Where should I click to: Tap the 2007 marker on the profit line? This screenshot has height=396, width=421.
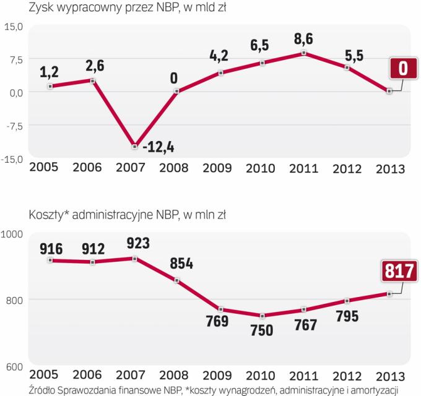134,146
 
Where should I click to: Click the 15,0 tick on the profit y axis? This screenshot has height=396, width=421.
12,27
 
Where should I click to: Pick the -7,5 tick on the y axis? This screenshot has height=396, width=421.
12,125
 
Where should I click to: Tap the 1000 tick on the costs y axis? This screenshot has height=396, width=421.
12,234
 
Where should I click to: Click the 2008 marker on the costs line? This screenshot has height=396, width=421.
177,280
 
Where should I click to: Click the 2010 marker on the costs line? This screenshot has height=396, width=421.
263,316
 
